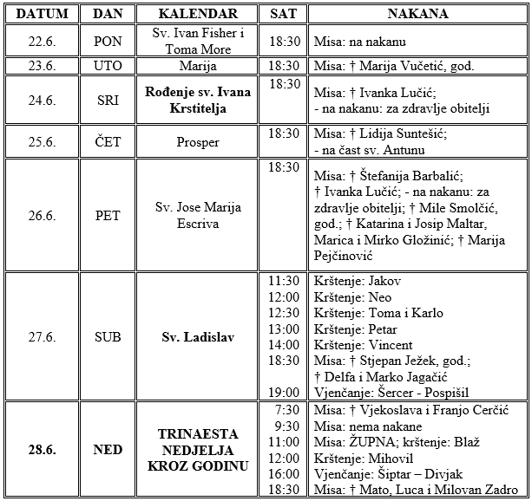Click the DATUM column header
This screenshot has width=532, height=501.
42,15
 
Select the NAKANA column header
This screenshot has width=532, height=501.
417,15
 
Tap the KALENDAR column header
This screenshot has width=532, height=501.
199,15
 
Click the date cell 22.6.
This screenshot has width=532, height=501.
42,42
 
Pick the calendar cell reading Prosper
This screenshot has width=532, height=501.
199,142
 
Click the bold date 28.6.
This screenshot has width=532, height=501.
42,450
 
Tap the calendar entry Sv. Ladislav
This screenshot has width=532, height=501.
199,337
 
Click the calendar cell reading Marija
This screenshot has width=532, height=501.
199,66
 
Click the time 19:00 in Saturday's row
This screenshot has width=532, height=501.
285,392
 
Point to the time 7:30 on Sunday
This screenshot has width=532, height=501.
285,409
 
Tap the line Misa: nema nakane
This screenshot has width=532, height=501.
363,425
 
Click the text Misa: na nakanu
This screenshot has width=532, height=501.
358,42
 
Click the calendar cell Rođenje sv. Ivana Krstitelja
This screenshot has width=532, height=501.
199,99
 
